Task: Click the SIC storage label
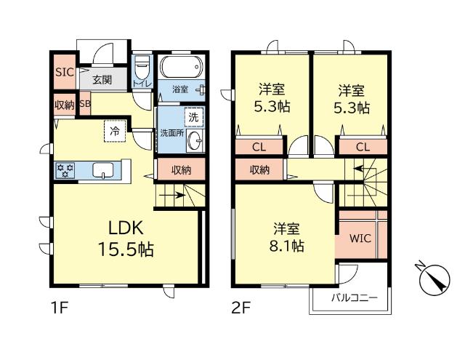click(62, 72)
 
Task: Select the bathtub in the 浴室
click(179, 70)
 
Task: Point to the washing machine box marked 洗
click(193, 116)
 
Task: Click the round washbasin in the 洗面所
click(194, 142)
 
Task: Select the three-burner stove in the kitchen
click(66, 171)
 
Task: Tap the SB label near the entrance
click(84, 104)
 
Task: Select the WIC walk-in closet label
click(360, 239)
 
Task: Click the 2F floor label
click(240, 308)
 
